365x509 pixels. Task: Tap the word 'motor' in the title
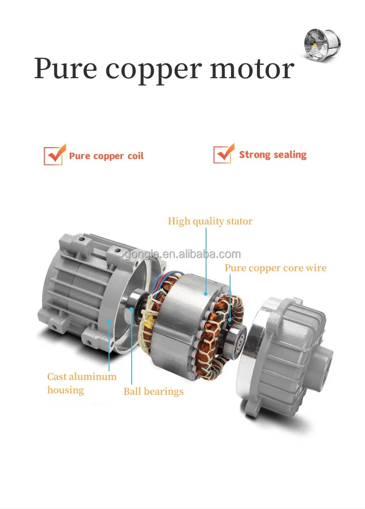pyautogui.click(x=252, y=69)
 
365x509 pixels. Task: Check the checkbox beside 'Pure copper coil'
pyautogui.click(x=54, y=155)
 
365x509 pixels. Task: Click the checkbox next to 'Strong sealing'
pyautogui.click(x=224, y=154)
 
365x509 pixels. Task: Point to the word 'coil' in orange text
pyautogui.click(x=135, y=156)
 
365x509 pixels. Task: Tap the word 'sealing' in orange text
pyautogui.click(x=289, y=155)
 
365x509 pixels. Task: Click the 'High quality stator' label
pyautogui.click(x=210, y=221)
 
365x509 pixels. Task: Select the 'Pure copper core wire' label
pyautogui.click(x=275, y=268)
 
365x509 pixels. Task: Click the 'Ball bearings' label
pyautogui.click(x=153, y=391)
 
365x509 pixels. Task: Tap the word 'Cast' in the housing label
pyautogui.click(x=57, y=376)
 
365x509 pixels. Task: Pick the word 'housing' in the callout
pyautogui.click(x=66, y=390)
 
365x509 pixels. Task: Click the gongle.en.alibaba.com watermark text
pyautogui.click(x=183, y=254)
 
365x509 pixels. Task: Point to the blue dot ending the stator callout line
pyautogui.click(x=206, y=293)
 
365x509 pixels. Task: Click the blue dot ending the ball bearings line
pyautogui.click(x=131, y=309)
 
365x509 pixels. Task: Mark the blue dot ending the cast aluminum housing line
pyautogui.click(x=109, y=321)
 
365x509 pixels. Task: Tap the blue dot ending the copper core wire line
pyautogui.click(x=230, y=320)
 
